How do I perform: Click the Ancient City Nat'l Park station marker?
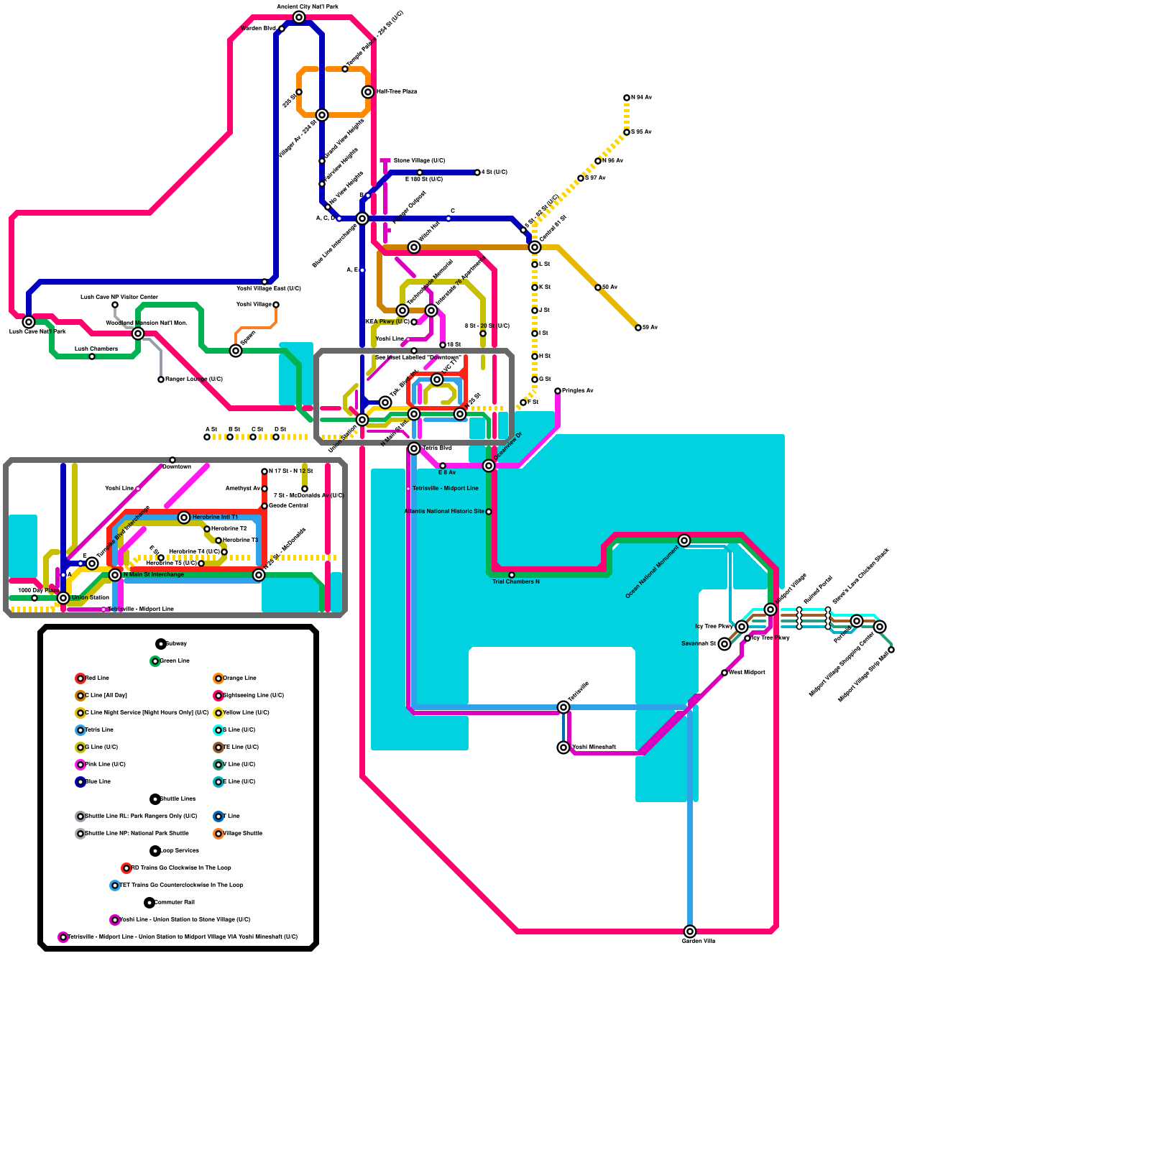pyautogui.click(x=299, y=17)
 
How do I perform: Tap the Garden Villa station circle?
pyautogui.click(x=690, y=931)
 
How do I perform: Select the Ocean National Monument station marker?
pyautogui.click(x=684, y=540)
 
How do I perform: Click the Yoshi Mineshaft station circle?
pyautogui.click(x=563, y=747)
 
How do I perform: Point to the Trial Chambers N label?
pyautogui.click(x=515, y=581)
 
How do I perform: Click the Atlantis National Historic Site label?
pyautogui.click(x=443, y=512)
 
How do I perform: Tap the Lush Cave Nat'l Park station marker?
pyautogui.click(x=29, y=322)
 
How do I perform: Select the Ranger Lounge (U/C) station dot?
pyautogui.click(x=161, y=379)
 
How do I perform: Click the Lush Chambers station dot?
pyautogui.click(x=92, y=356)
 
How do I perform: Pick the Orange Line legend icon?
pyautogui.click(x=218, y=678)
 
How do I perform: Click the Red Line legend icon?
pyautogui.click(x=80, y=678)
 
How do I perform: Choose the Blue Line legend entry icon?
pyautogui.click(x=80, y=782)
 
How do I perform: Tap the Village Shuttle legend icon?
pyautogui.click(x=218, y=834)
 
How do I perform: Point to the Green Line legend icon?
pyautogui.click(x=155, y=661)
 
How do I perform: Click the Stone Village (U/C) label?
pyautogui.click(x=419, y=161)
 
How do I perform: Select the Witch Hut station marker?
pyautogui.click(x=414, y=247)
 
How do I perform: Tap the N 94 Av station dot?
pyautogui.click(x=627, y=98)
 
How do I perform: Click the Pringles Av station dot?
pyautogui.click(x=558, y=391)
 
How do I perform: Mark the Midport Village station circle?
pyautogui.click(x=770, y=609)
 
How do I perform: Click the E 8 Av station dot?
pyautogui.click(x=443, y=466)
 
